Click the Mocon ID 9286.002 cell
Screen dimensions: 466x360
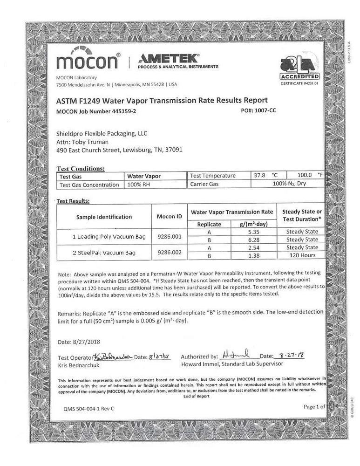coord(170,252)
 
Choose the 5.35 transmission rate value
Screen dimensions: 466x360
coord(254,232)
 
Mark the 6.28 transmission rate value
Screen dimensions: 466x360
coord(254,240)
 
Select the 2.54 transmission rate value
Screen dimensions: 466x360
coord(254,247)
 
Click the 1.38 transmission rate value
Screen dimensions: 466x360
coord(254,255)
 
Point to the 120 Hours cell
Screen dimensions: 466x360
coord(302,255)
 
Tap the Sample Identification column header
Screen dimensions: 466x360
coord(104,217)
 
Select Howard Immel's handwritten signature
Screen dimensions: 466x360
coord(237,354)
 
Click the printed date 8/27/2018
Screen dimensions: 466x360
coord(80,342)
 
